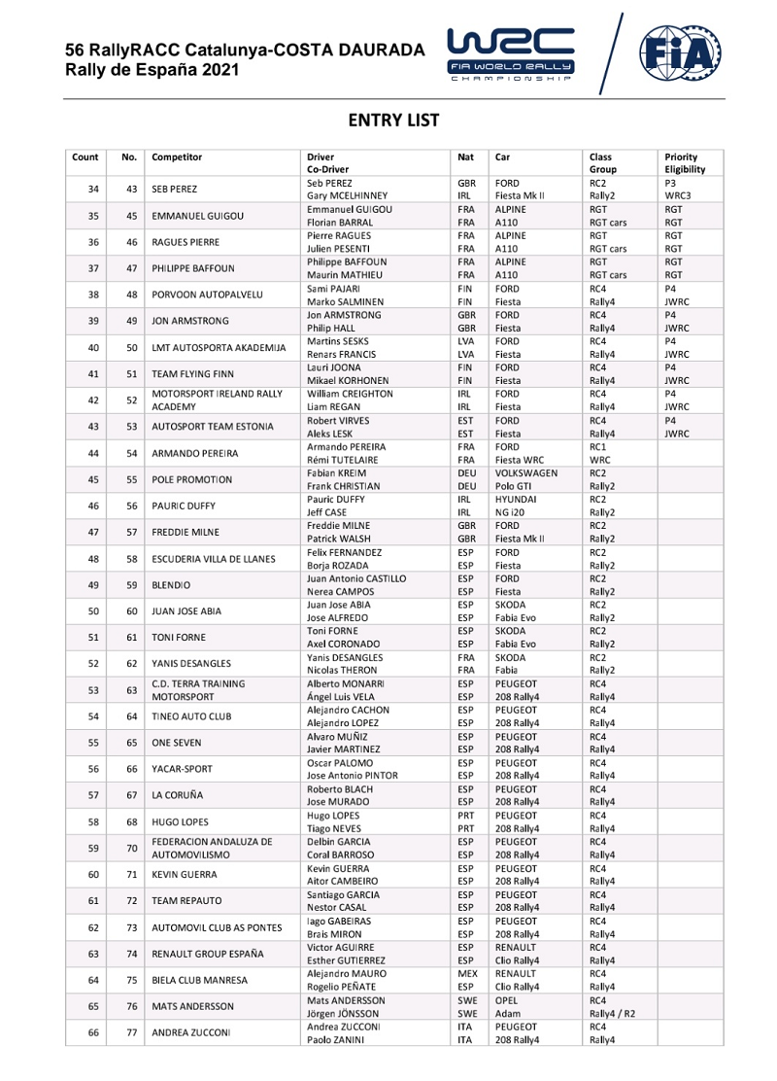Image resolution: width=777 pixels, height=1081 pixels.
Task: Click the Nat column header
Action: coord(465,157)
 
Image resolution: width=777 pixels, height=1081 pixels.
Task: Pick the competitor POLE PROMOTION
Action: coord(191,479)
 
